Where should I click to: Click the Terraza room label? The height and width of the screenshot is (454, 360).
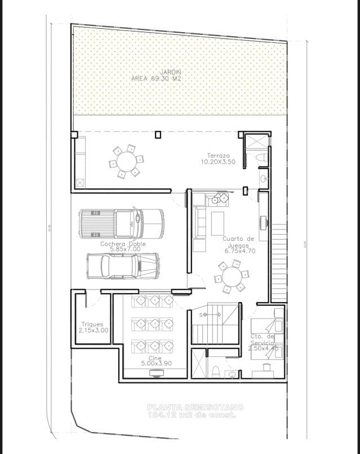[x=217, y=155]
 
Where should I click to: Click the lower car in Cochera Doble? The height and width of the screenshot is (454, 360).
[x=122, y=265]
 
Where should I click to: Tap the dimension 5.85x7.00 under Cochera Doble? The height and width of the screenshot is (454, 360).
[x=123, y=249]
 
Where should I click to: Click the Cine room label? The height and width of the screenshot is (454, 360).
[x=155, y=358]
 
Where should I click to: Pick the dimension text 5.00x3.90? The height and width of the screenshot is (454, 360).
[x=155, y=364]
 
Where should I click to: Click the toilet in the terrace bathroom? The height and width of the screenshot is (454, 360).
[x=261, y=160]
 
